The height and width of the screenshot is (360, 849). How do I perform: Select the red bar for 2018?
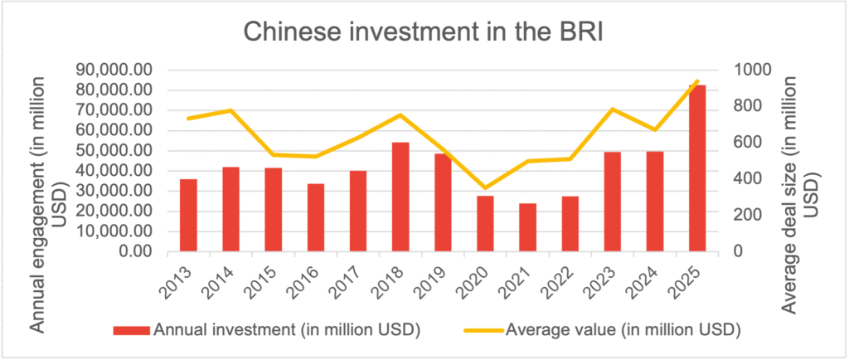click(x=400, y=197)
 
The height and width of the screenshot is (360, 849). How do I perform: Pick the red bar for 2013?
click(x=188, y=215)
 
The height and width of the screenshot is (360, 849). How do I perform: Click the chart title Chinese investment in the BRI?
click(x=424, y=33)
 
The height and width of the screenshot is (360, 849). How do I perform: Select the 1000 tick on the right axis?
click(x=750, y=70)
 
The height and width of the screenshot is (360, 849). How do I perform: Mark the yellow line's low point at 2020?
click(x=486, y=188)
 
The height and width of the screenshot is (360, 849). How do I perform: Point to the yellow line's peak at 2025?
click(x=697, y=80)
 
